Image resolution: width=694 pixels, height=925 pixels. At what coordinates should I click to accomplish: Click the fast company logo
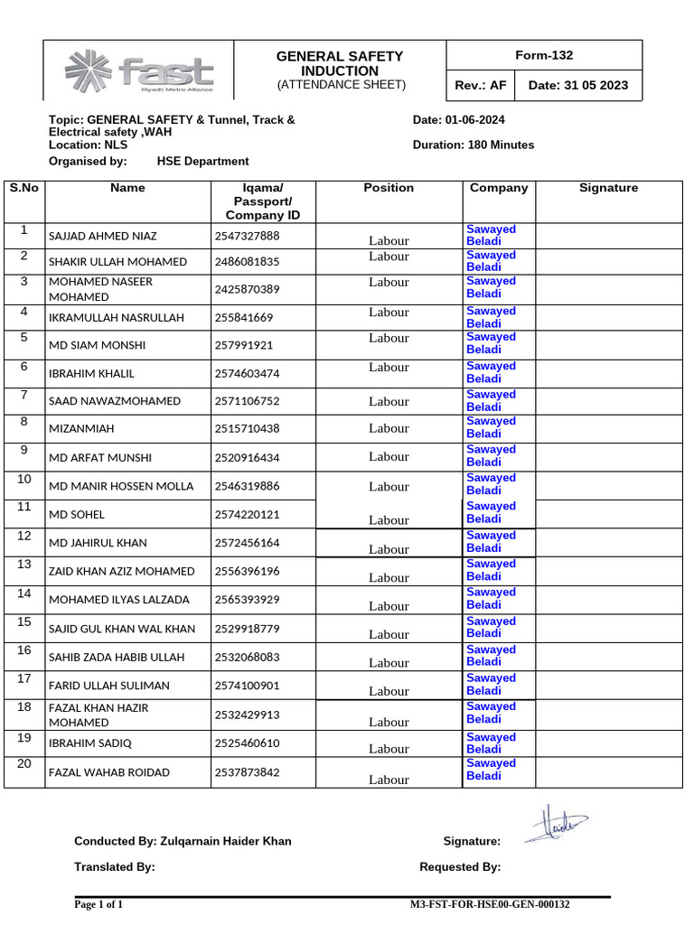tap(138, 71)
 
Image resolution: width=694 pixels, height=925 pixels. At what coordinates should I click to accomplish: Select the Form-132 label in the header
tap(544, 55)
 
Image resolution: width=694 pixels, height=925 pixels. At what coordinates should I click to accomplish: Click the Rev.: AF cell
tap(481, 87)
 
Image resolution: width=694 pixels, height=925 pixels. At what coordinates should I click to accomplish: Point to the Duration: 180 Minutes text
tap(473, 145)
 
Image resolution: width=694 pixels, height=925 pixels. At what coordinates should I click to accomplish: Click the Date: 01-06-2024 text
tap(458, 119)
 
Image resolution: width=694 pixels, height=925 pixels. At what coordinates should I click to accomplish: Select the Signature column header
tap(608, 188)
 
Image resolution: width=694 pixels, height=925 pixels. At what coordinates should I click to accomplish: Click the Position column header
tap(389, 188)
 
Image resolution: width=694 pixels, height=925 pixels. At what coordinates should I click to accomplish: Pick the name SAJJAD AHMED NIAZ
tap(102, 236)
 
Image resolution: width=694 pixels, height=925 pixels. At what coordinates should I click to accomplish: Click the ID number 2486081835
tap(248, 262)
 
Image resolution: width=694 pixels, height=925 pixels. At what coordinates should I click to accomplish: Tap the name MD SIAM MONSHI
tap(97, 345)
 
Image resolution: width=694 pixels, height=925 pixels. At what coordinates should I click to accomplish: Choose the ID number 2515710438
tap(248, 429)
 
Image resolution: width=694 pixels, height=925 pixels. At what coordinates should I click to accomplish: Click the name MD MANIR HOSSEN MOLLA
tap(121, 486)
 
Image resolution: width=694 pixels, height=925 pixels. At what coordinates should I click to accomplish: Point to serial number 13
tap(24, 565)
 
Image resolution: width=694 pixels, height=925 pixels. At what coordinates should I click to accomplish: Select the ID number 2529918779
tap(248, 629)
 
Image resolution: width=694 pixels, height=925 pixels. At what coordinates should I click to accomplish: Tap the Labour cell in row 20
tap(389, 779)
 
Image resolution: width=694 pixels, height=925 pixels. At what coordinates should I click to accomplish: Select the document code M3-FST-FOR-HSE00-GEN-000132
tap(490, 904)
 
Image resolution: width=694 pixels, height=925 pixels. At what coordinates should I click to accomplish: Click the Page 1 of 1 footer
tap(98, 904)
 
